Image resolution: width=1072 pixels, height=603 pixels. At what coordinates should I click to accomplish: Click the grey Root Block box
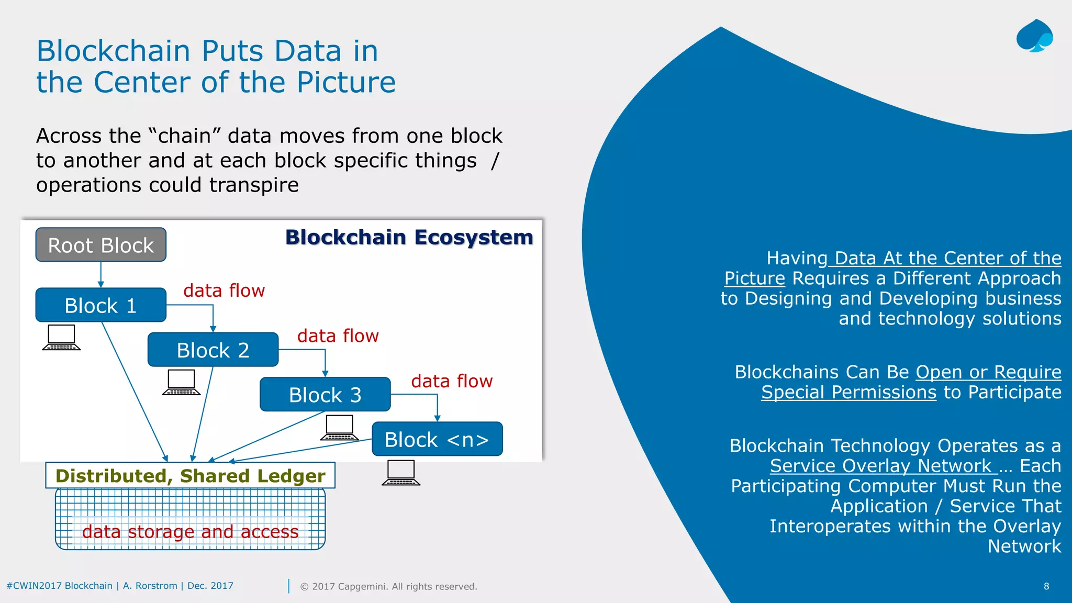pos(100,245)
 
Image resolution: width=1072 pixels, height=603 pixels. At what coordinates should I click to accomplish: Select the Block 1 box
pos(100,305)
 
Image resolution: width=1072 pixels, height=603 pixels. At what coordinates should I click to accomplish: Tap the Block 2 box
pos(213,350)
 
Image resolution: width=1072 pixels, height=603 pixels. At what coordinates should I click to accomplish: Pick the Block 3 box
pos(325,395)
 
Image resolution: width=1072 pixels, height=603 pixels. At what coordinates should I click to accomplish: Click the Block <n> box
pos(437,439)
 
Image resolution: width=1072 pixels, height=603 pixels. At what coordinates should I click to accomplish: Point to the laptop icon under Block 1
pos(61,338)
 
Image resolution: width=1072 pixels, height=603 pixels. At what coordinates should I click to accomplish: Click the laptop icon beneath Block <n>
pos(401,473)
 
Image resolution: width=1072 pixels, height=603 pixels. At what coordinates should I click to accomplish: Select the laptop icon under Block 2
pos(181,383)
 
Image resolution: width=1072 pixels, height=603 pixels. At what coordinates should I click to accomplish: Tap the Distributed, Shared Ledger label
pos(190,476)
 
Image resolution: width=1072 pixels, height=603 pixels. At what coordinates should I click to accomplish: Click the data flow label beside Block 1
pos(224,291)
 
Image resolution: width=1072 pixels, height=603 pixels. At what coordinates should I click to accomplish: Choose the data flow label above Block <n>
pos(452,381)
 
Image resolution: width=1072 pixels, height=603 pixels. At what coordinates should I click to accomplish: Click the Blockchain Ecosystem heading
pos(409,237)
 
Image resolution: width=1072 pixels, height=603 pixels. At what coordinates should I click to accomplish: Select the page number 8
pos(1046,586)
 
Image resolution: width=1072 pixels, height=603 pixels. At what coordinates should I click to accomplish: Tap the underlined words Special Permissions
pos(848,392)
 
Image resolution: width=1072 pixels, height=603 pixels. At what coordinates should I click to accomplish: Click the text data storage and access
pos(190,532)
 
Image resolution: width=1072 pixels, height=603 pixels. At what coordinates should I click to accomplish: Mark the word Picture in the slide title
pos(346,82)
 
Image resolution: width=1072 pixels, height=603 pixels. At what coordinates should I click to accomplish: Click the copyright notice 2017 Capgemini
pos(388,586)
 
